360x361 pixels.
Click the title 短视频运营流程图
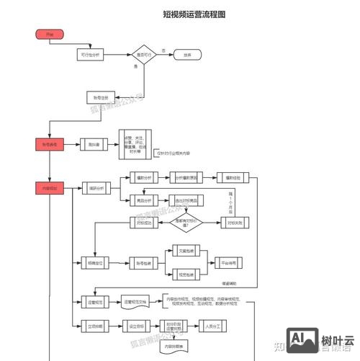click(194, 14)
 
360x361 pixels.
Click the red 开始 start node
click(49, 34)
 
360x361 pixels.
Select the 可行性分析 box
click(91, 55)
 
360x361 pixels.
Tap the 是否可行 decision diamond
click(143, 55)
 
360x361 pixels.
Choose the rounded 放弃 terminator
click(187, 55)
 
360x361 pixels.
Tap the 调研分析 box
click(94, 189)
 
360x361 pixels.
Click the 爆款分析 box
click(143, 177)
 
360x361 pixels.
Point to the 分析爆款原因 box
click(189, 177)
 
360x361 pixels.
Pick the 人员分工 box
click(212, 326)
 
